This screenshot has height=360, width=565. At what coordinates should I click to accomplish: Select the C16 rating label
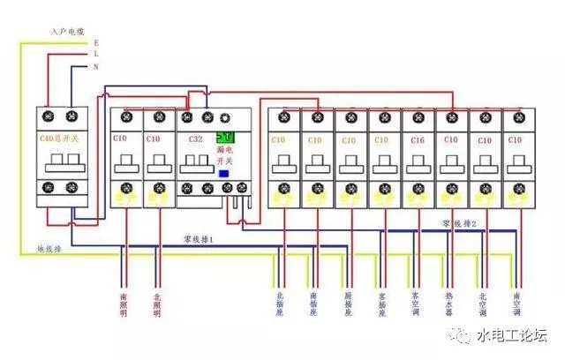tap(418, 139)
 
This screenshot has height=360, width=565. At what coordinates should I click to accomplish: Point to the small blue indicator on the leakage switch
tap(223, 174)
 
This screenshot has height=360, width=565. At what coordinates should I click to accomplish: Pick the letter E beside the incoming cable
tap(95, 41)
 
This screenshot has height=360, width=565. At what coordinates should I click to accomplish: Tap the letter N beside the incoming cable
tap(95, 67)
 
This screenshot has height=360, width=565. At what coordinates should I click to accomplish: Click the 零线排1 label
tap(199, 239)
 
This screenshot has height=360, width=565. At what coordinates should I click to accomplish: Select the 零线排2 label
tap(461, 225)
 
